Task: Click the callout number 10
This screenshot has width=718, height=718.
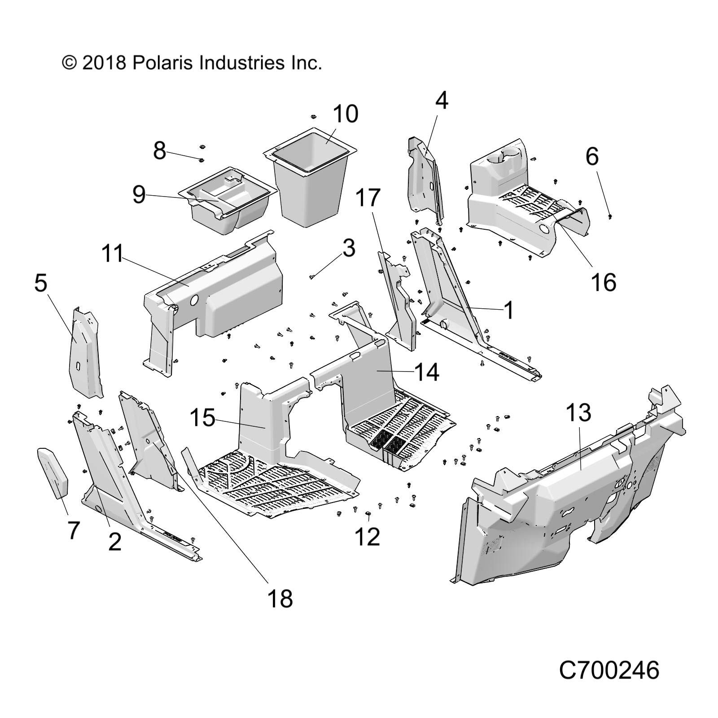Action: pos(345,114)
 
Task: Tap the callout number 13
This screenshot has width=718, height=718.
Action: pos(578,413)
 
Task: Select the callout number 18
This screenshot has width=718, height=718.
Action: pos(280,598)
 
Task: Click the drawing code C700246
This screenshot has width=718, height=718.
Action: pos(609,670)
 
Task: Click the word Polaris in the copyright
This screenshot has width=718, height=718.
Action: pos(162,62)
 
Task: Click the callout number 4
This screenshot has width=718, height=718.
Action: pos(442,101)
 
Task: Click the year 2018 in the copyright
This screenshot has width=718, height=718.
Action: pos(104,62)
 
